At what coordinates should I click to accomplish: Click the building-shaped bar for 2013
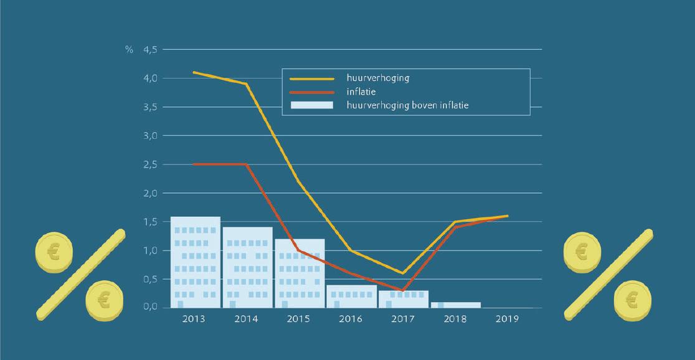pyautogui.click(x=195, y=262)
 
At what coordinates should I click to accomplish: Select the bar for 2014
pyautogui.click(x=247, y=268)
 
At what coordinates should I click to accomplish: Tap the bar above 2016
pyautogui.click(x=351, y=296)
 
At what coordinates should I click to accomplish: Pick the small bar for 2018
pyautogui.click(x=456, y=305)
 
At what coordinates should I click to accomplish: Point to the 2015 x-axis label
pyautogui.click(x=300, y=319)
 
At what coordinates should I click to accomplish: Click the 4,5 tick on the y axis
pyautogui.click(x=150, y=49)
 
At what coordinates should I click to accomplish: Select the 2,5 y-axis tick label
pyautogui.click(x=150, y=164)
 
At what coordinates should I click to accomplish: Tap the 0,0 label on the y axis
pyautogui.click(x=150, y=308)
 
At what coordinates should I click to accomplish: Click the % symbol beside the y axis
pyautogui.click(x=129, y=49)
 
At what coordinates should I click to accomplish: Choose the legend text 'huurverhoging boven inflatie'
pyautogui.click(x=408, y=106)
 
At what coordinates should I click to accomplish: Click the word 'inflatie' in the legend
pyautogui.click(x=361, y=92)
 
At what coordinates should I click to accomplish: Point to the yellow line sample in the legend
pyautogui.click(x=312, y=79)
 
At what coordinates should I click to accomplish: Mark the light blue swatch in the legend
pyautogui.click(x=312, y=106)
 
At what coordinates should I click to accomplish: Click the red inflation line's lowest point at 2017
pyautogui.click(x=403, y=290)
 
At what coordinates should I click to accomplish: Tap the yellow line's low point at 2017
pyautogui.click(x=403, y=273)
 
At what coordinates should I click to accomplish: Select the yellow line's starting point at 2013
pyautogui.click(x=194, y=72)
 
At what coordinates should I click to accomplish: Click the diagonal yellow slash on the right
pyautogui.click(x=608, y=275)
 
